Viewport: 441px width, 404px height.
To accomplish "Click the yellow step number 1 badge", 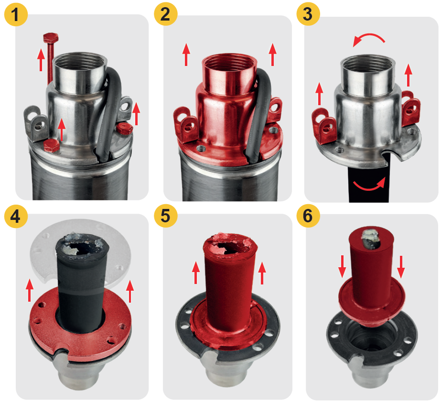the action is coord(16,15).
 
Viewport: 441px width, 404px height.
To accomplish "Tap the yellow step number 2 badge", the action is coord(166,14).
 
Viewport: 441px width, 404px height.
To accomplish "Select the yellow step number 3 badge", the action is coord(308,14).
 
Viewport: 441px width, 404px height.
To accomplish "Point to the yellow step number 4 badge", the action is coord(16,216).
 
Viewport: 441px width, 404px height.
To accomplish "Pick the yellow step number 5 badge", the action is coord(166,216).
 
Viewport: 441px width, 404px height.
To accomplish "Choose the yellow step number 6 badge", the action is coord(308,216).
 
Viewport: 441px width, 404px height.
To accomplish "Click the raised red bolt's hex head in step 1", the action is coord(51,37).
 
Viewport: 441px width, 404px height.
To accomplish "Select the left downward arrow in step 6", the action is coord(342,266).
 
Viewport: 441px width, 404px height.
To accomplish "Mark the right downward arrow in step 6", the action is coord(401,266).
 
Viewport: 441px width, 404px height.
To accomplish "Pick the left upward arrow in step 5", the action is coord(196,273).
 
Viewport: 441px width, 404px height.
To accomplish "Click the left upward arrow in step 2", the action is coord(186,55).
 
